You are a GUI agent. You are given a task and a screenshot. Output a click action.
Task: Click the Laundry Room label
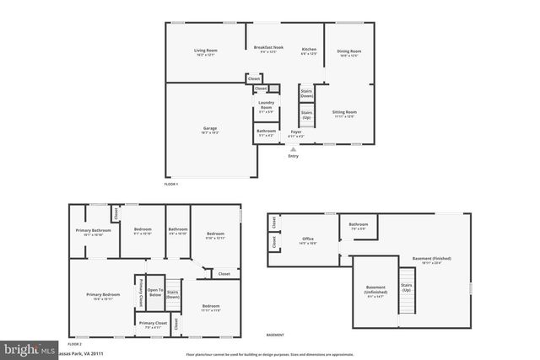tap(267, 107)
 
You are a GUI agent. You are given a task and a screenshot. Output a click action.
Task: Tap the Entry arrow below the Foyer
tap(293, 148)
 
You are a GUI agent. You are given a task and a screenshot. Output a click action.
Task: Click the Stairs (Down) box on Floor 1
tap(307, 94)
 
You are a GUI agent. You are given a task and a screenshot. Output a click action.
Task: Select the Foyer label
tap(295, 132)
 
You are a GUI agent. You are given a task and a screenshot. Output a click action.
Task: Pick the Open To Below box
tap(154, 293)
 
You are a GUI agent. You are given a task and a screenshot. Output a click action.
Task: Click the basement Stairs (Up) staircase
tap(407, 288)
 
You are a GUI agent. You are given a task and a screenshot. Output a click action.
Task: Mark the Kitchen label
tap(309, 51)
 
